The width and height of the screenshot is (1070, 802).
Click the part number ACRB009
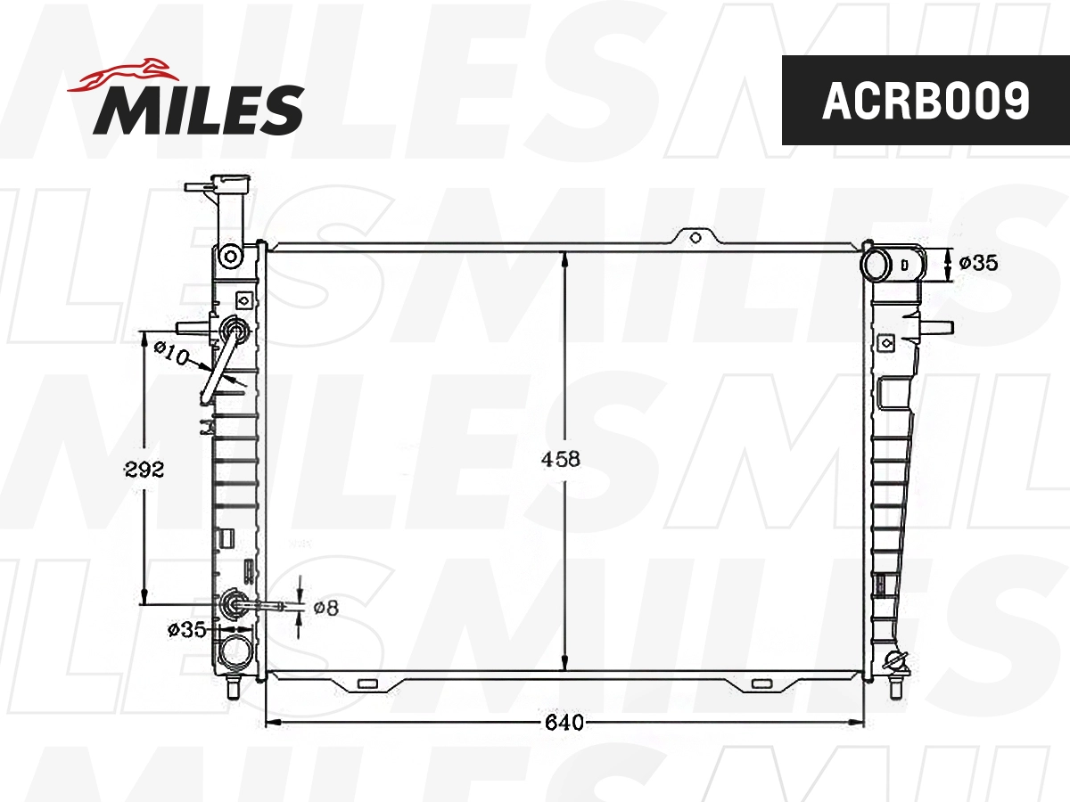tap(926, 101)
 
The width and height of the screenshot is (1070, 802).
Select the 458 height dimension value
tap(562, 459)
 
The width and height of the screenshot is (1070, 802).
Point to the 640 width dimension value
tap(565, 722)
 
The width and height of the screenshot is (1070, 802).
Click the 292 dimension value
tap(144, 470)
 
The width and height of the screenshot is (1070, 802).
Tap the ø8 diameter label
tap(325, 608)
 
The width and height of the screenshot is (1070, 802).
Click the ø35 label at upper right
tap(978, 263)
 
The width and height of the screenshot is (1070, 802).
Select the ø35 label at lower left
tap(186, 630)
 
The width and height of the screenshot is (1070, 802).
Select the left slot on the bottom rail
tap(366, 684)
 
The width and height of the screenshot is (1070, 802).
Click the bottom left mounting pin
tap(234, 689)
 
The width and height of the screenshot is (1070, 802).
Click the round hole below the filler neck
tap(231, 257)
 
